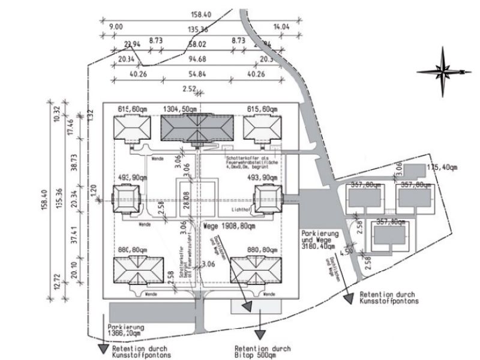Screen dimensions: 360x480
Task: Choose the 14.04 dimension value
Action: [281, 27]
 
